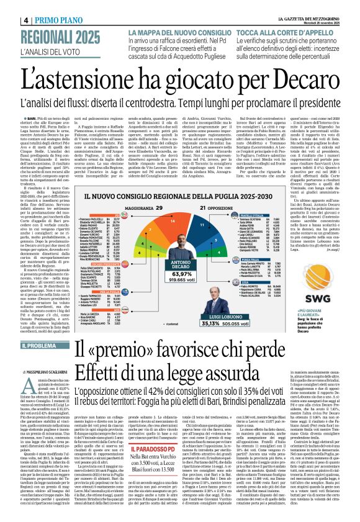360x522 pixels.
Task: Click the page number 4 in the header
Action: pos(9,19)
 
